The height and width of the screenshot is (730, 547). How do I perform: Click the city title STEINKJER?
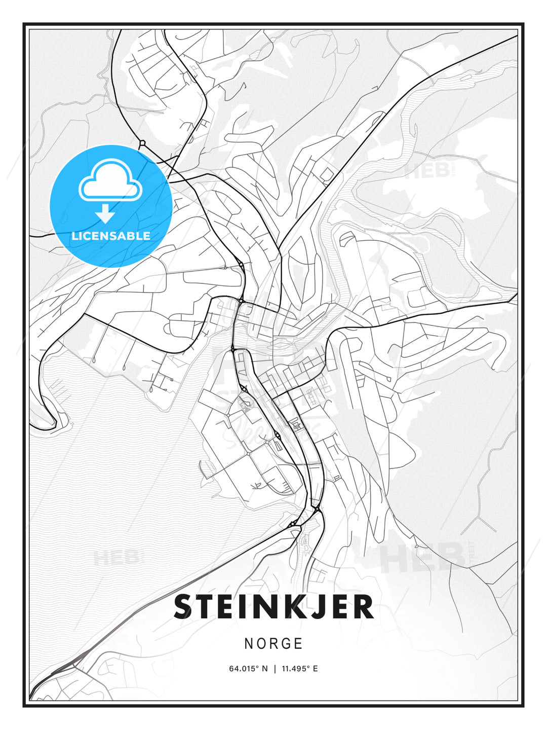273,607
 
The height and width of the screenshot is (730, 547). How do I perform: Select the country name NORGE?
273,644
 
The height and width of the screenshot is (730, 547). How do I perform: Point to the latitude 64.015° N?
248,669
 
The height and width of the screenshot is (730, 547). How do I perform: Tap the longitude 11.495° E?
299,669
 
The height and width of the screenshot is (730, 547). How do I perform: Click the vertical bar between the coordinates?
275,669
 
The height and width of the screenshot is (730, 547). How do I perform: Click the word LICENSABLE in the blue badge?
111,236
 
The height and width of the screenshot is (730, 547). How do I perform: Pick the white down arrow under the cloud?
105,213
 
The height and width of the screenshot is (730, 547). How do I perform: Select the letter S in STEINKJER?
185,607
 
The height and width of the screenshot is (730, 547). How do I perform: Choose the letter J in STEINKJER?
315,607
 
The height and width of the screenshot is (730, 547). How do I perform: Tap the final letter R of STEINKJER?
362,607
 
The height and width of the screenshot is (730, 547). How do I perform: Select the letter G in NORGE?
286,644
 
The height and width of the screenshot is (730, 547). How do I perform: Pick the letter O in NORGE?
261,644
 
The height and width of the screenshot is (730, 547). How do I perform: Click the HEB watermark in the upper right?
428,171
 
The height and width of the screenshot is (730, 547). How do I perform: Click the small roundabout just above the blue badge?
142,142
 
